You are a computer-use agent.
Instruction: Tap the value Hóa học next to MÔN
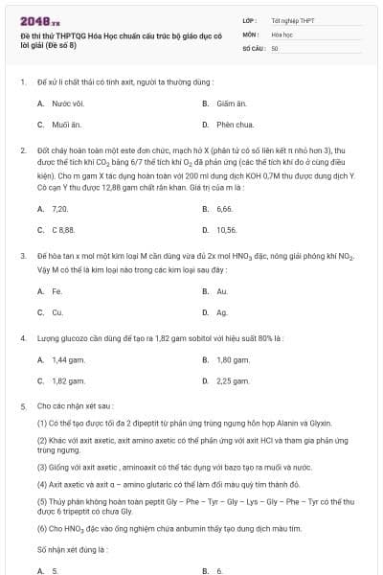[282, 34]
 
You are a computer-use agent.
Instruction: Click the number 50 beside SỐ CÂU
[275, 47]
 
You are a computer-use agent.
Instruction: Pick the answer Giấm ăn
[226, 103]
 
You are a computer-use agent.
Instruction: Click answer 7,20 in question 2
[59, 208]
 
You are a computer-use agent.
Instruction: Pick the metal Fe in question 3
[56, 290]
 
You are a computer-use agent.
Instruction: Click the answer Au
[221, 290]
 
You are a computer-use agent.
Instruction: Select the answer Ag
[221, 311]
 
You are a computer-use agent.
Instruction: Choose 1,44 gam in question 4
[64, 359]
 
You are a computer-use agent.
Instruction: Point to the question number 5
[22, 407]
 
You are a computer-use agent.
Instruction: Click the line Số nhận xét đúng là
[72, 549]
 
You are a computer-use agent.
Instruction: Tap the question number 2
[22, 150]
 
